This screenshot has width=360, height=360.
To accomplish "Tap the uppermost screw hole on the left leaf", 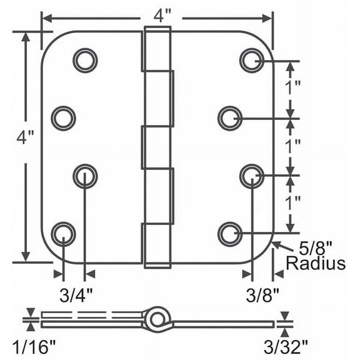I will pyautogui.click(x=85, y=61).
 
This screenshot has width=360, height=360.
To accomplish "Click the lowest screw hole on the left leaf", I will pyautogui.click(x=63, y=234).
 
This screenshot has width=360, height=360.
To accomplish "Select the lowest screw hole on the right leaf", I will pyautogui.click(x=230, y=233).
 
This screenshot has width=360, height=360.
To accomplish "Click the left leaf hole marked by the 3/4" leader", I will pyautogui.click(x=85, y=176).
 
